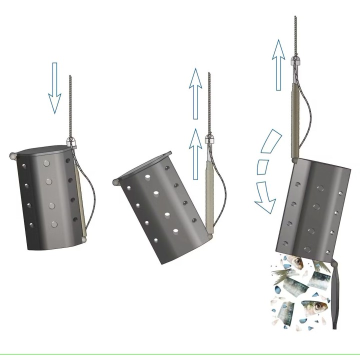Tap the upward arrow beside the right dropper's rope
[278, 65]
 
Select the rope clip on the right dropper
[295, 61]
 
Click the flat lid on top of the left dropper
[42, 149]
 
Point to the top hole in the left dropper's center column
[46, 163]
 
